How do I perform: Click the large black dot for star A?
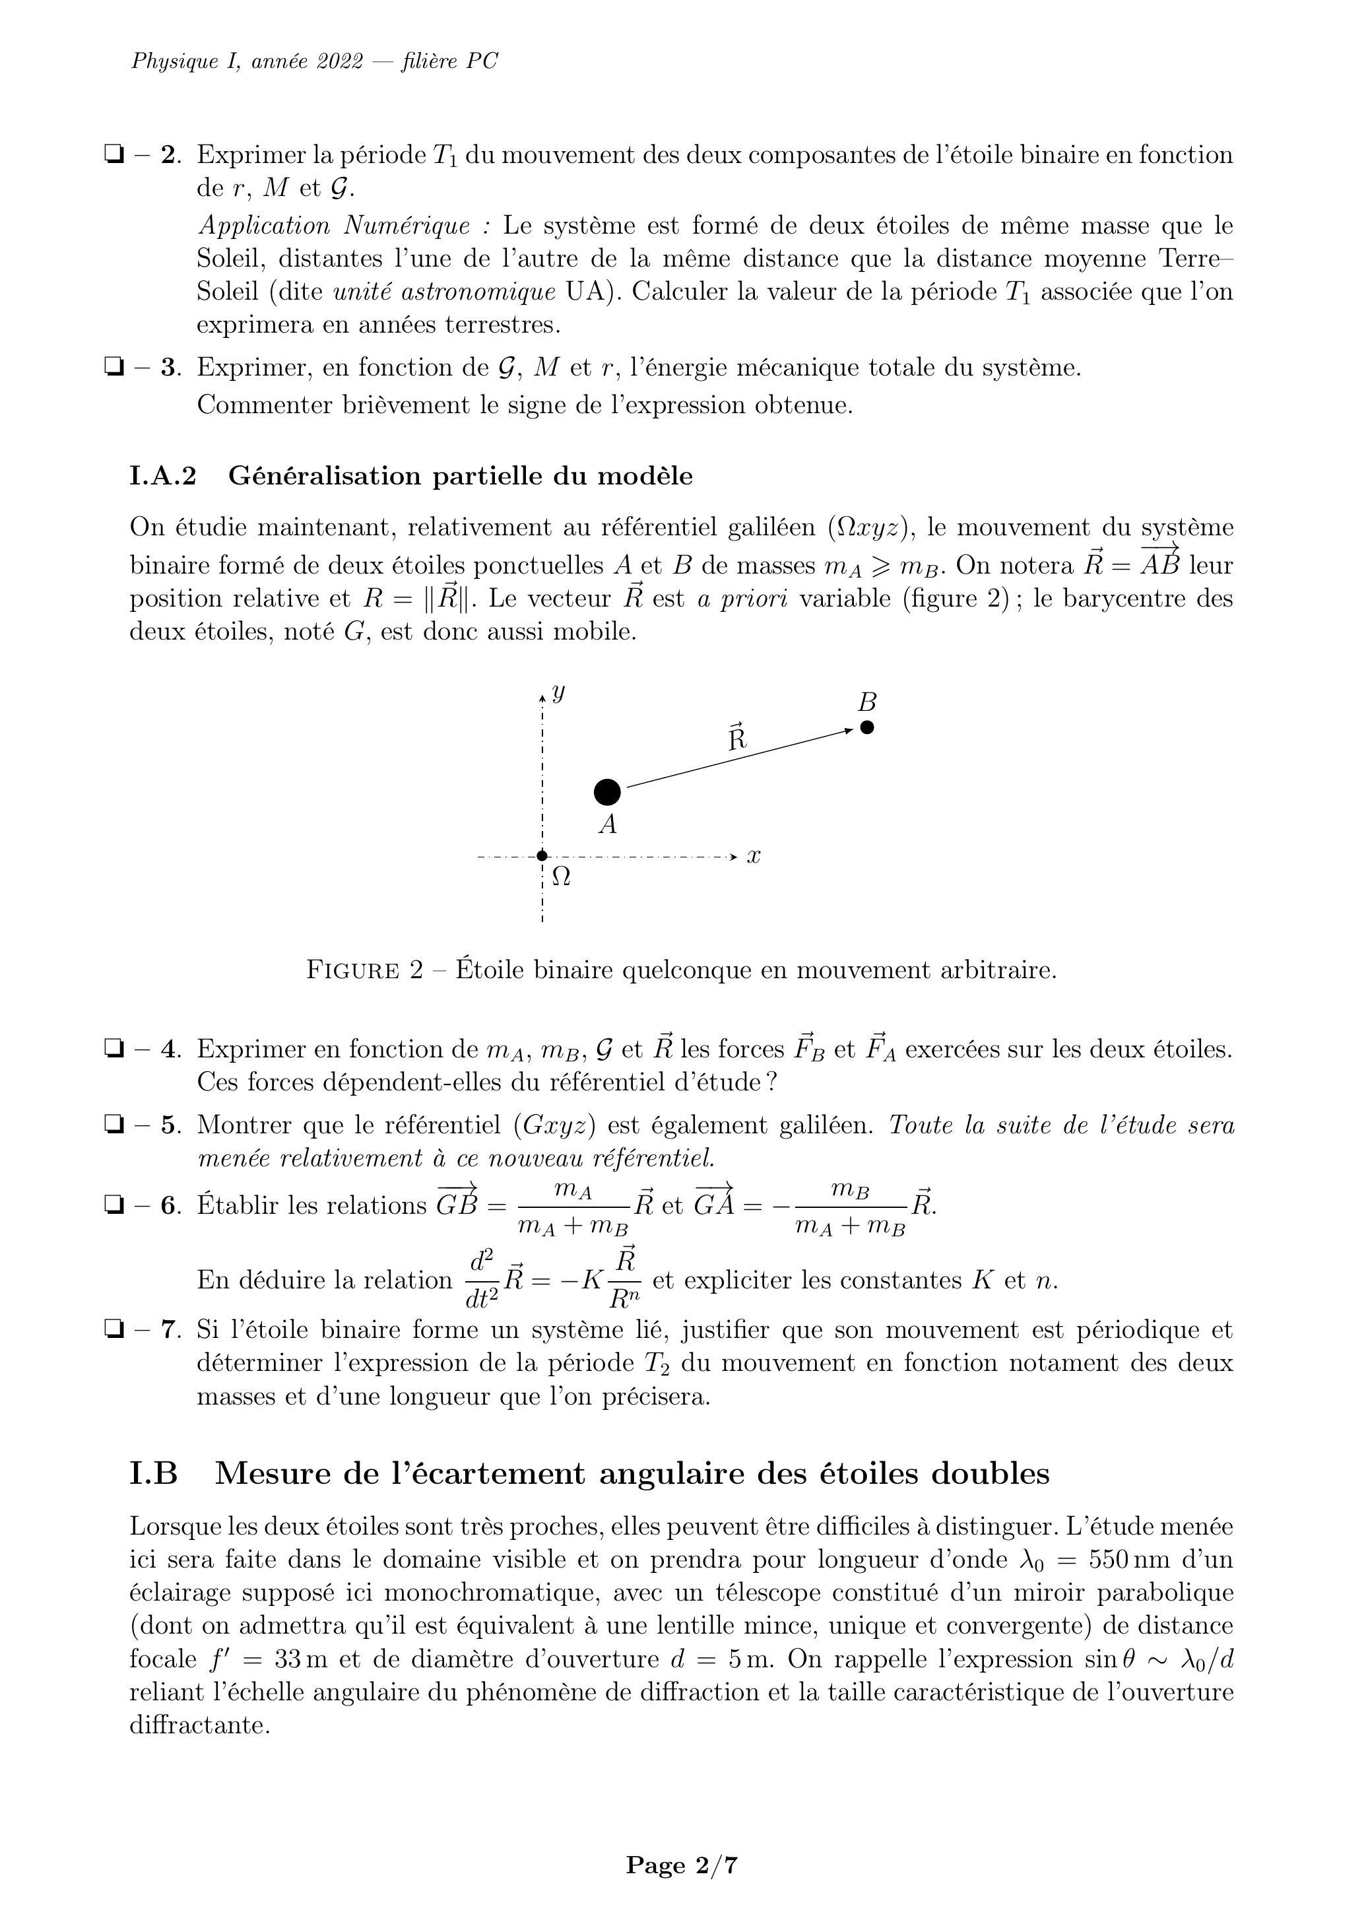(x=607, y=792)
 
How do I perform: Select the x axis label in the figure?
(x=754, y=857)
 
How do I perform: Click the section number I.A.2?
(x=163, y=477)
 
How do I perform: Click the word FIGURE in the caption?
(x=352, y=971)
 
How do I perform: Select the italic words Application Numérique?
(x=335, y=226)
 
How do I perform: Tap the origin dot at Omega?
(x=542, y=857)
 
